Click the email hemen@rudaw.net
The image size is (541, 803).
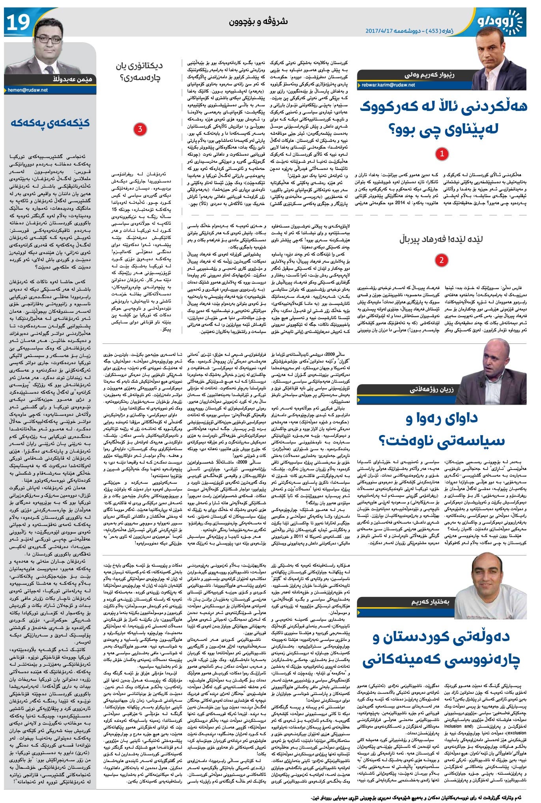tap(28, 90)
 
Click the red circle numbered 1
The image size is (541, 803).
tap(442, 154)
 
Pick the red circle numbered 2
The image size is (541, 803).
tap(442, 260)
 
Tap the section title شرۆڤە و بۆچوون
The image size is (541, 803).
tap(258, 21)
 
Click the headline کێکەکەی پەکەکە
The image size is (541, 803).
tap(50, 123)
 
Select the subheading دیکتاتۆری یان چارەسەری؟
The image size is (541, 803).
tap(139, 71)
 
